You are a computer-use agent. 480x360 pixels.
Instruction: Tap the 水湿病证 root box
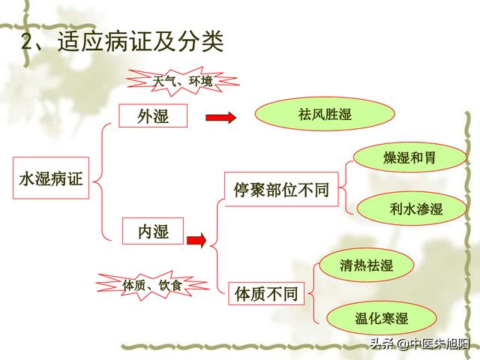pyautogui.click(x=50, y=178)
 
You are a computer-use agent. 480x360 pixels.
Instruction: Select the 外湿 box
pyautogui.click(x=152, y=116)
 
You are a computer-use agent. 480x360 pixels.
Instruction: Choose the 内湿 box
pyautogui.click(x=152, y=232)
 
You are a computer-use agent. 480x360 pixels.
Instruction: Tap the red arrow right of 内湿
pyautogui.click(x=196, y=240)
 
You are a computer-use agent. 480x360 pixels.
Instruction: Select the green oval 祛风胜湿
pyautogui.click(x=324, y=115)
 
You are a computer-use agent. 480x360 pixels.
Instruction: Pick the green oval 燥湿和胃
pyautogui.click(x=409, y=159)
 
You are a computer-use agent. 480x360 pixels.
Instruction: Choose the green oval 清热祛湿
pyautogui.click(x=366, y=265)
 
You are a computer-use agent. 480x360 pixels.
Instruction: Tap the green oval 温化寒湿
pyautogui.click(x=381, y=318)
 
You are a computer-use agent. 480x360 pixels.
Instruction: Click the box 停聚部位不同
pyautogui.click(x=281, y=189)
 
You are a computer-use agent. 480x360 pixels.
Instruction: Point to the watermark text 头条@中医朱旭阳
pyautogui.click(x=412, y=343)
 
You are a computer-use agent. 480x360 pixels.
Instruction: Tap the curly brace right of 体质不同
pyautogui.click(x=310, y=292)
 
